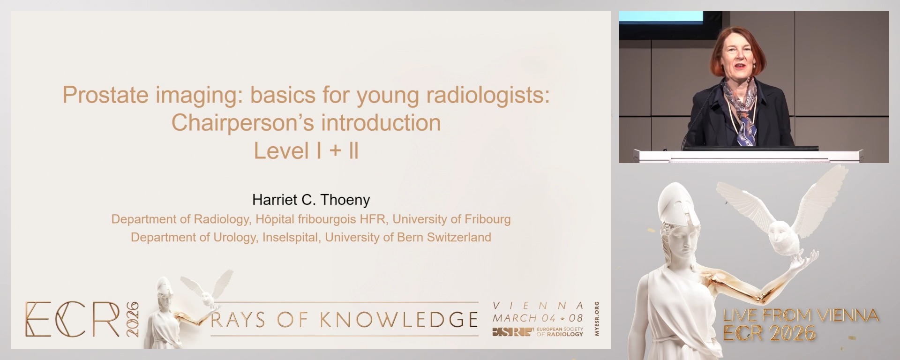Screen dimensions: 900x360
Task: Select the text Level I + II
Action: click(306, 151)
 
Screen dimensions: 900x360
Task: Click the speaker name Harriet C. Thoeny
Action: click(311, 200)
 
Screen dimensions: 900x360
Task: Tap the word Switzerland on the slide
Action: click(459, 237)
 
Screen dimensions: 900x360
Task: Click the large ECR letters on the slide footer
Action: click(73, 319)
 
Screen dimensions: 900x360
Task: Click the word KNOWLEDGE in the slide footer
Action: click(399, 320)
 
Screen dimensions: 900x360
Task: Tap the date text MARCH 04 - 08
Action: click(538, 318)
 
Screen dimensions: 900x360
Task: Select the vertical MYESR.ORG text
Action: click(596, 319)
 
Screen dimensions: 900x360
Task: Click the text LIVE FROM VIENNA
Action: click(801, 315)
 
